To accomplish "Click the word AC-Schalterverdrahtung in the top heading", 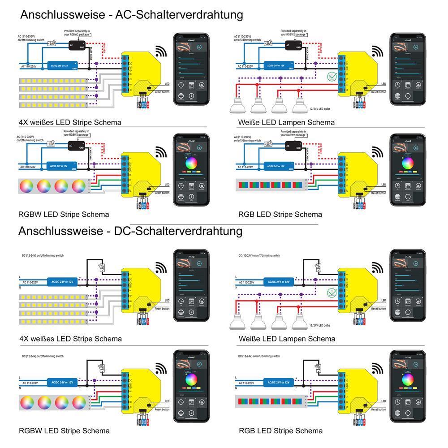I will pyautogui.click(x=179, y=14).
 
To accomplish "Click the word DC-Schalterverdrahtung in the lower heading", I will pyautogui.click(x=178, y=231).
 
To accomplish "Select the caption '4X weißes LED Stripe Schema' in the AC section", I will pyautogui.click(x=70, y=122).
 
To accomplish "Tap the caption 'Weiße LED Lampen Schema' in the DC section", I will pyautogui.click(x=287, y=339).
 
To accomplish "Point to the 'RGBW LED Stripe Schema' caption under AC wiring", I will pyautogui.click(x=64, y=214).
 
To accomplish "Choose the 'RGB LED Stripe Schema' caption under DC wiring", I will pyautogui.click(x=280, y=431).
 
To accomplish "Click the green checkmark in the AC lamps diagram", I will pyautogui.click(x=332, y=77).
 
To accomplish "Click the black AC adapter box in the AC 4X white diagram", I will pyautogui.click(x=73, y=44).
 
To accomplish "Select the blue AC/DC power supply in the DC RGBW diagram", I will pyautogui.click(x=62, y=383).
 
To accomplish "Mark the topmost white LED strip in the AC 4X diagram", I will pyautogui.click(x=53, y=81).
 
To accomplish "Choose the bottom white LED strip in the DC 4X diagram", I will pyautogui.click(x=53, y=322).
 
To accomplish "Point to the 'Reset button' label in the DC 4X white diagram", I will pyautogui.click(x=162, y=309).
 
